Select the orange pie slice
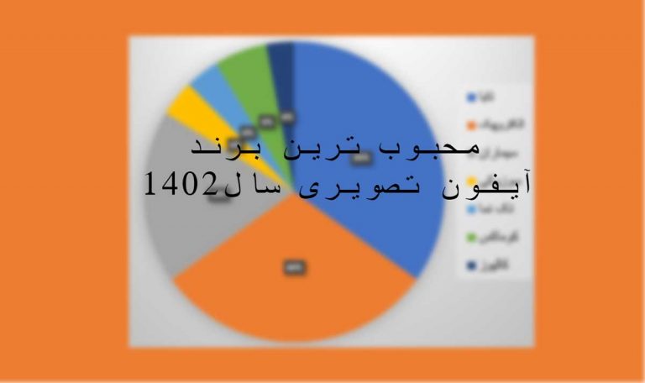(294, 294)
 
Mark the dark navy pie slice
(281, 59)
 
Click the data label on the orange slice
(295, 268)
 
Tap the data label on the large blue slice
(362, 156)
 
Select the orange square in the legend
(471, 125)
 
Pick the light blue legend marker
(471, 210)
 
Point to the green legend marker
(471, 239)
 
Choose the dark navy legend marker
(471, 267)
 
